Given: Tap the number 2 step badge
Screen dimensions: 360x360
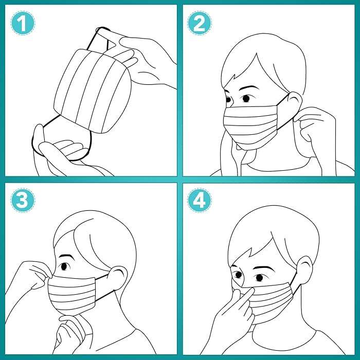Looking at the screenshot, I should point(199,24).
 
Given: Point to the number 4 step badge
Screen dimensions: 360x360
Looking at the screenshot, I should point(199,201).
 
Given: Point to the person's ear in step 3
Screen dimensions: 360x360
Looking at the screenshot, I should point(118,278).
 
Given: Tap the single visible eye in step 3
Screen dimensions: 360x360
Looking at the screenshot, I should point(64,266).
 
